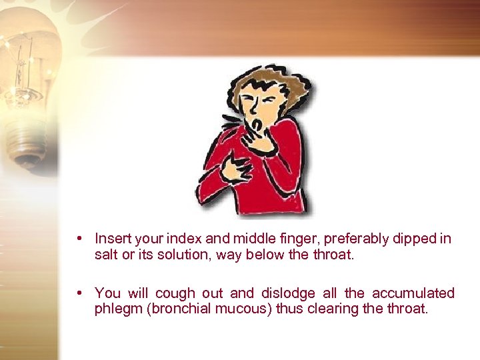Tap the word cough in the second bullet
tap(175, 293)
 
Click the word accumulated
tap(413, 293)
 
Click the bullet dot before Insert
tap(79, 238)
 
